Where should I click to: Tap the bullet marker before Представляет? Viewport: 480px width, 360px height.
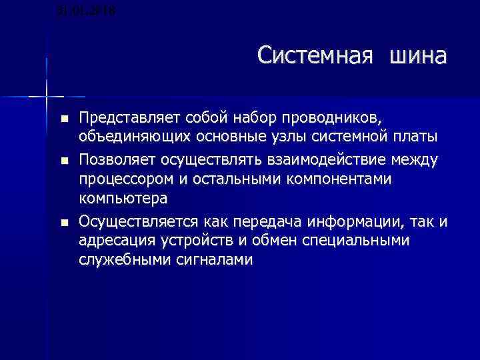pyautogui.click(x=63, y=119)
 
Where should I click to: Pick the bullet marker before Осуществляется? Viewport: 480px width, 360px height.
pyautogui.click(x=63, y=221)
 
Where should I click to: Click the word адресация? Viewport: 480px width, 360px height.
pyautogui.click(x=113, y=240)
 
